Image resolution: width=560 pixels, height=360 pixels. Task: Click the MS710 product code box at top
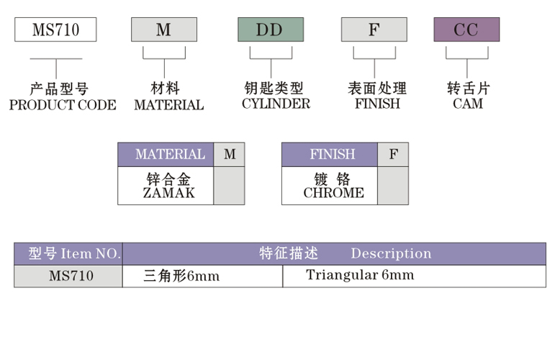point(55,30)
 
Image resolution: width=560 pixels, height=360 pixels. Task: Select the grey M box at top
point(163,30)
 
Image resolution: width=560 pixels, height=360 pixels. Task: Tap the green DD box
point(271,30)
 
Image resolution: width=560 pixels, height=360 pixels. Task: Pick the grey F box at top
point(374,30)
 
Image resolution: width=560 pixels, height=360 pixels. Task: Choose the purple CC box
point(466,30)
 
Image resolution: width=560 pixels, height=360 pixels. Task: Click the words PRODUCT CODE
point(62,105)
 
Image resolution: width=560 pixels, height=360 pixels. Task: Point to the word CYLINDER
point(276,104)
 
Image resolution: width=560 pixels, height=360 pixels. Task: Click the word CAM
point(468,104)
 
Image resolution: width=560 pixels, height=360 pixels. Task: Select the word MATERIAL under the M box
point(168,105)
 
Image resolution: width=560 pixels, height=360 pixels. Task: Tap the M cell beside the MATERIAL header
point(229,154)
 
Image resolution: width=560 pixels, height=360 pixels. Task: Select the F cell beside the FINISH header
point(393,154)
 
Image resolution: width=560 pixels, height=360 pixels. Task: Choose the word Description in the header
point(391,253)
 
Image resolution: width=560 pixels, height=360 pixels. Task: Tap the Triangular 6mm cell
point(359,275)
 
